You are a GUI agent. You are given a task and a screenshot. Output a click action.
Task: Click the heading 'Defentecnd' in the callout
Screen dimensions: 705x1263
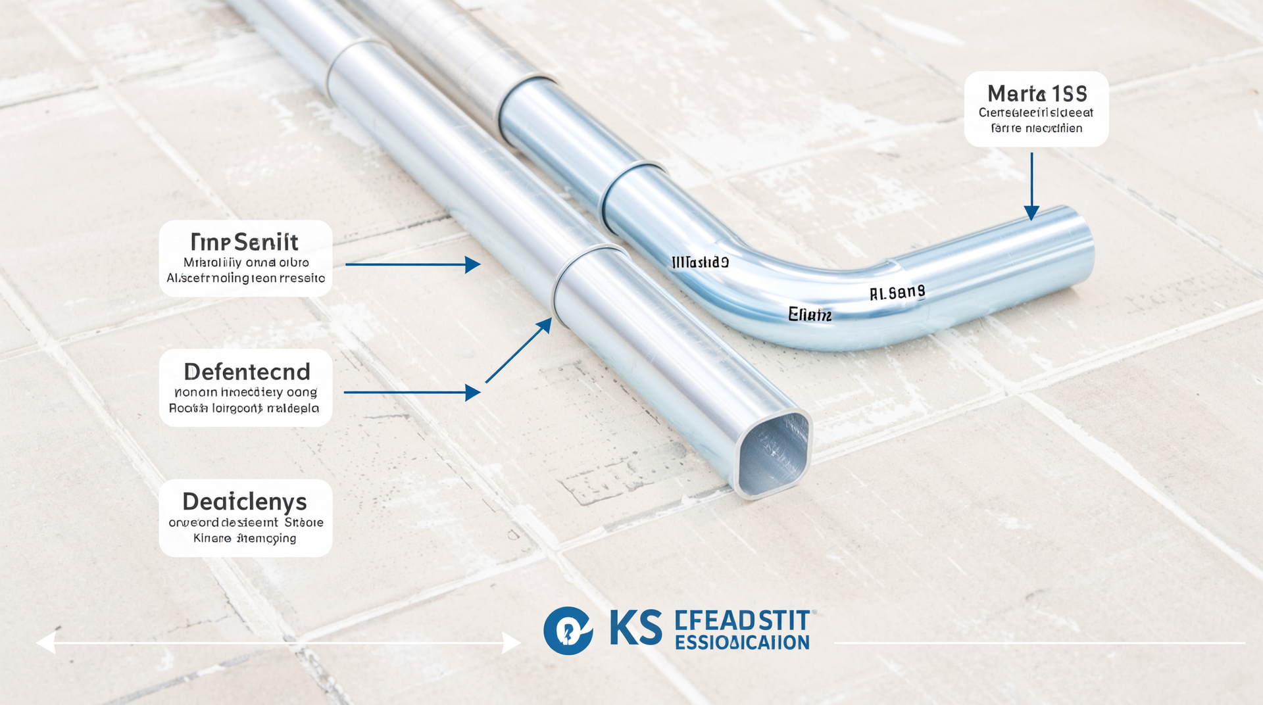pos(247,372)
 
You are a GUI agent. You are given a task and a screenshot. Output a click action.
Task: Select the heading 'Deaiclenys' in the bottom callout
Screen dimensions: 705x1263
pos(245,502)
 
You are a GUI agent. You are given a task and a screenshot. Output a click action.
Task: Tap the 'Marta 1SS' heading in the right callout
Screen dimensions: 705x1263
pos(1037,93)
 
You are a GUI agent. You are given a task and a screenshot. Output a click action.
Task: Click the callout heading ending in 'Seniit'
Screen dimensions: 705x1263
pos(245,242)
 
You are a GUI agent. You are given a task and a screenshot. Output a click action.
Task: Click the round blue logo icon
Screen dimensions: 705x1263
pos(568,630)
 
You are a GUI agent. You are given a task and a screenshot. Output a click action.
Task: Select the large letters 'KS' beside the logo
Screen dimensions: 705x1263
pos(635,628)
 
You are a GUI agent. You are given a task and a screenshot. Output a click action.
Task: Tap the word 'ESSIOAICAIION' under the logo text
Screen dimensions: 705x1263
pos(742,643)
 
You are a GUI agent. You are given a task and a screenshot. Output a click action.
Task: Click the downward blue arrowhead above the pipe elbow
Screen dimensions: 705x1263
pos(1031,212)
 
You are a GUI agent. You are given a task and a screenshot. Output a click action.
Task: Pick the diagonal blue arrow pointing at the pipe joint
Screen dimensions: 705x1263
pos(519,350)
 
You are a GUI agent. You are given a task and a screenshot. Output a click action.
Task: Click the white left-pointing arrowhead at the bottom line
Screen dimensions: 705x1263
pos(45,643)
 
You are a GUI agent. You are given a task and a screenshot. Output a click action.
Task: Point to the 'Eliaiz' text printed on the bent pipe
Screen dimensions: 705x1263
pos(810,315)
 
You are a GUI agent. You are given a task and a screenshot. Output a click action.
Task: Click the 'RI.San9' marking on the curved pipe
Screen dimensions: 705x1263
pos(897,293)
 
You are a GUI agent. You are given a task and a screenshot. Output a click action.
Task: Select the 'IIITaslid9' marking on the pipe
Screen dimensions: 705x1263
pos(700,262)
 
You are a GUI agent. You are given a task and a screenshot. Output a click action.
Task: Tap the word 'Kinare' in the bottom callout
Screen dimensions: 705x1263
pos(212,539)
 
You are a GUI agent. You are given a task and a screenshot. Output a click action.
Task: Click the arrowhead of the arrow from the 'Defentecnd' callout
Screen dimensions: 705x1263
pos(473,393)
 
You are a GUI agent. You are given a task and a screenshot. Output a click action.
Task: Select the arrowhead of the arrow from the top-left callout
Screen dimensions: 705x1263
pos(473,264)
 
